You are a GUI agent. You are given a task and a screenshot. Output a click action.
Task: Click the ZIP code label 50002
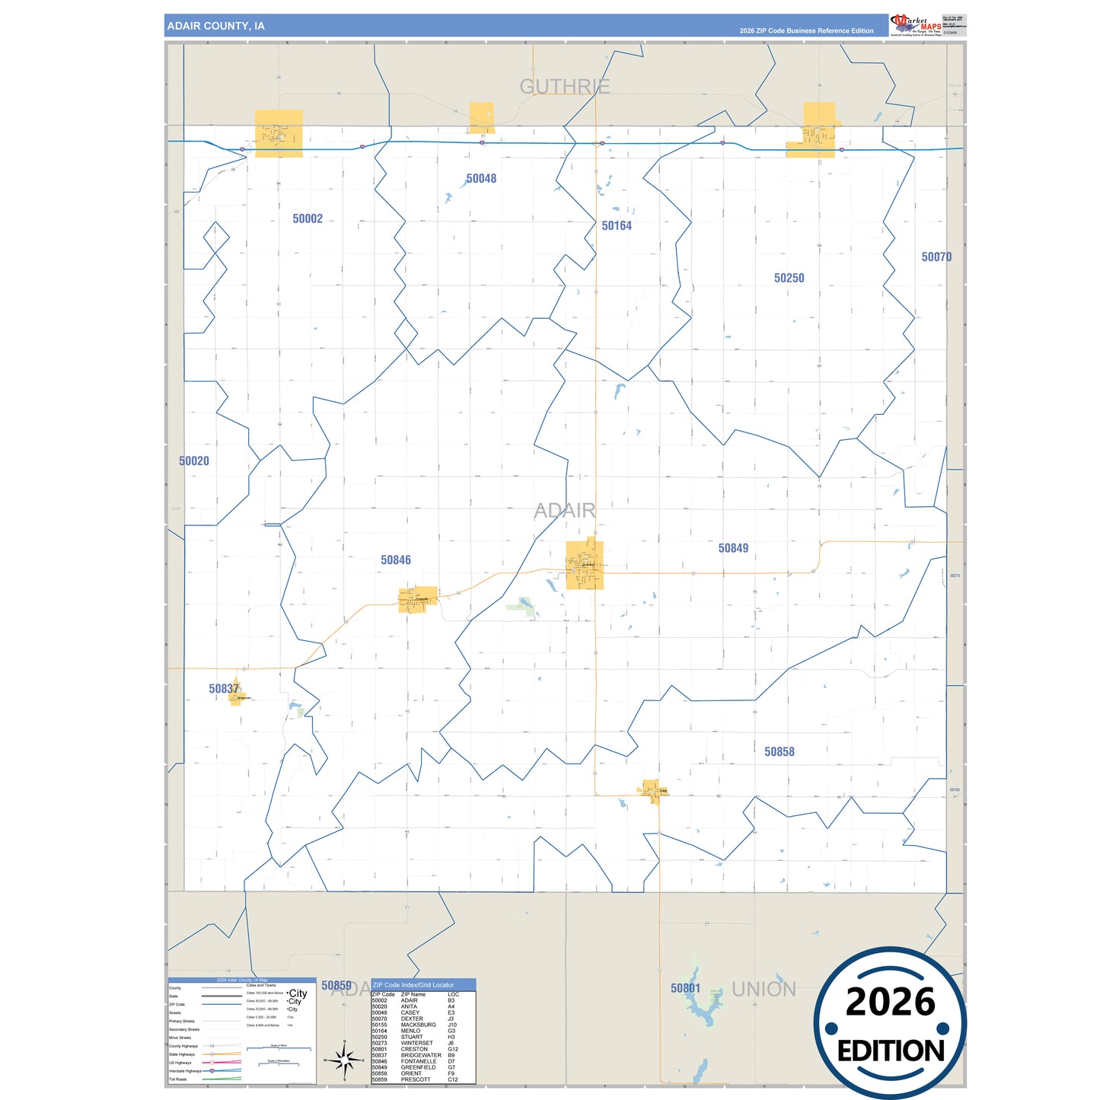[x=308, y=219]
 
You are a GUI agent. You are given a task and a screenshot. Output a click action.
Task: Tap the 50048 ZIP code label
[x=481, y=179]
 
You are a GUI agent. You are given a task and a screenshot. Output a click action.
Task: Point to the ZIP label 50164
[x=617, y=226]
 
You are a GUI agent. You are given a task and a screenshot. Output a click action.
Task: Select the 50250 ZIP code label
[x=789, y=279]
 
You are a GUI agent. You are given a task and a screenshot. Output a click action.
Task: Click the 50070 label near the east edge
[x=936, y=257]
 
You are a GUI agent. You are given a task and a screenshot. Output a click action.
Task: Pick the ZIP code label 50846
[x=396, y=560]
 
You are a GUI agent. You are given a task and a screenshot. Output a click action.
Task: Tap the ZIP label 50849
[x=733, y=548]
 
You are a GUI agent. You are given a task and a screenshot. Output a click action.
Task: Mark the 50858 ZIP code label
[x=780, y=752]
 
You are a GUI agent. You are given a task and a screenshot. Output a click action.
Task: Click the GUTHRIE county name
[x=565, y=87]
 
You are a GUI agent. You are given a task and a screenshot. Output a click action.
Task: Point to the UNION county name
[x=764, y=990]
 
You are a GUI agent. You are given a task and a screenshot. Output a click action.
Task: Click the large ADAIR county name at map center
[x=565, y=510]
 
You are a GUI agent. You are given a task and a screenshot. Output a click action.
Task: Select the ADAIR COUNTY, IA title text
[x=216, y=26]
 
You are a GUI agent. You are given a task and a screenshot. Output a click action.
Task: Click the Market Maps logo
[x=916, y=24]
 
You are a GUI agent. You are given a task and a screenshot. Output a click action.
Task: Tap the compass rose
[x=345, y=1059]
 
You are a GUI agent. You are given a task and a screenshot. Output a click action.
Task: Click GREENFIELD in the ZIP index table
[x=418, y=1067]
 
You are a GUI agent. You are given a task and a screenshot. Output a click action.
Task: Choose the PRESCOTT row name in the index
[x=416, y=1079]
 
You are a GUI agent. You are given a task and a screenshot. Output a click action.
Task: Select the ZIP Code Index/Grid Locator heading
[x=413, y=985]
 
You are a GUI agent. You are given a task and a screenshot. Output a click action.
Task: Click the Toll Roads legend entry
[x=177, y=1079]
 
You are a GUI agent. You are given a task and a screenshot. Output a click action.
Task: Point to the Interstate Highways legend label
[x=185, y=1071]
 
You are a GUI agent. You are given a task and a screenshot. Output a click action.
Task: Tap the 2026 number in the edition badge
[x=890, y=1003]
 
